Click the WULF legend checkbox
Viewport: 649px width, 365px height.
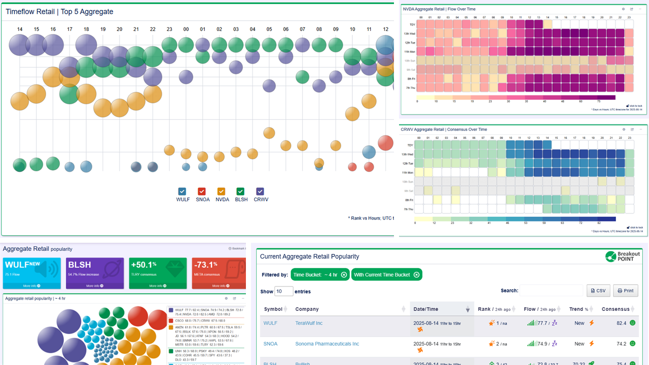point(183,191)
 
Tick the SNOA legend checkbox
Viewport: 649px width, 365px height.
point(202,191)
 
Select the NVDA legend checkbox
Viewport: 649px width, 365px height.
point(221,191)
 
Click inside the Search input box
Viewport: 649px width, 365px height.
point(552,291)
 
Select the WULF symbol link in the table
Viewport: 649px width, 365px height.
point(270,323)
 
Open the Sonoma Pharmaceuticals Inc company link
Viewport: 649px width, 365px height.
point(327,344)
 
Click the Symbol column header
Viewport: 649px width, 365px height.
point(273,309)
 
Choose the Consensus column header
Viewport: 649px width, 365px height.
point(616,309)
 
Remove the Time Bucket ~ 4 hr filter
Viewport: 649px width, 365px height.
point(344,275)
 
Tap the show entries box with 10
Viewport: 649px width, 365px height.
point(284,291)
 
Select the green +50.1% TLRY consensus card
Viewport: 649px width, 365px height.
point(158,273)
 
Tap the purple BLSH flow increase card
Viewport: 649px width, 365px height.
point(94,273)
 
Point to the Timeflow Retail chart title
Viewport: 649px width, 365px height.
point(59,12)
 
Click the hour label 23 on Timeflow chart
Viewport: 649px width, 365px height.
point(169,29)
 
